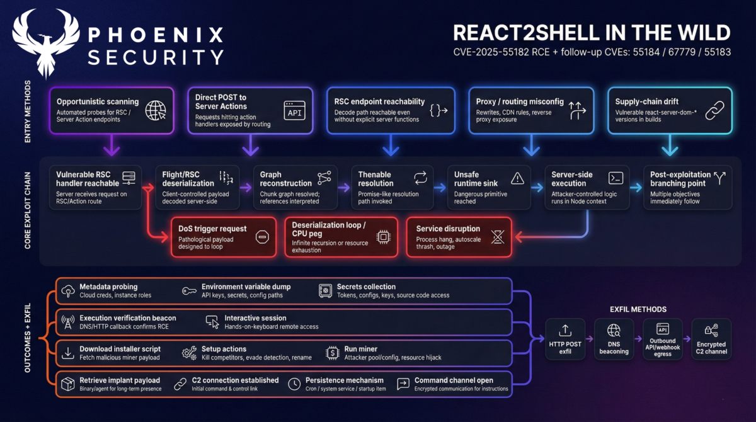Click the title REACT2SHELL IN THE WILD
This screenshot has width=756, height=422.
(592, 33)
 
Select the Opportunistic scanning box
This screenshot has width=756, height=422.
(111, 110)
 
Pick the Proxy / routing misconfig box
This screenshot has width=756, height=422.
(531, 110)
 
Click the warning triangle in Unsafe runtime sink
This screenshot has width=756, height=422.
(517, 178)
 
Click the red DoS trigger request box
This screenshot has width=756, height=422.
(223, 237)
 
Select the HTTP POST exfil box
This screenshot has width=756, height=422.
(565, 339)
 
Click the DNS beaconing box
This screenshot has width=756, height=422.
(614, 339)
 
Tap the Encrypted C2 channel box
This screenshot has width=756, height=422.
(711, 339)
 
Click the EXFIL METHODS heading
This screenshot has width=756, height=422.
(638, 309)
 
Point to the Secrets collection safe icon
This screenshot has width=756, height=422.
(325, 290)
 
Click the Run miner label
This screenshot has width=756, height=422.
(360, 349)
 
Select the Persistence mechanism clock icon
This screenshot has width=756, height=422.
(294, 384)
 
